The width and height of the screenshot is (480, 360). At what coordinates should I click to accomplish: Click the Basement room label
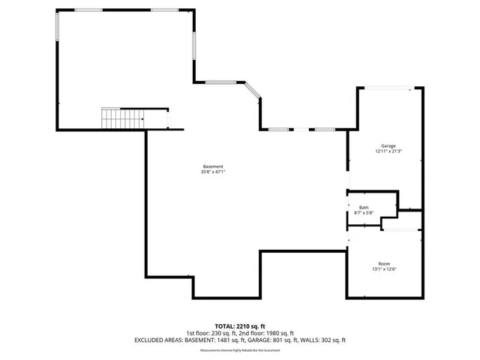tap(212, 166)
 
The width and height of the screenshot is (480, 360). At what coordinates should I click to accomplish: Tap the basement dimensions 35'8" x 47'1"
tap(212, 172)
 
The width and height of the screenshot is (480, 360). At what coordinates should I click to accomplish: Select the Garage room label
tap(388, 145)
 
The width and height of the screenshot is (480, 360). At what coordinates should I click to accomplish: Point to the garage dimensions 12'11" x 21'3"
tap(388, 151)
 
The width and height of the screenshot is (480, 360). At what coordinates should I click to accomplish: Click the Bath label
tap(364, 208)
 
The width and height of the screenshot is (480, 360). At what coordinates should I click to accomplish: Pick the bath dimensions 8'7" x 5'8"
tap(364, 214)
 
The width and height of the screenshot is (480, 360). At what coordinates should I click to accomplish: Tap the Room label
tap(384, 263)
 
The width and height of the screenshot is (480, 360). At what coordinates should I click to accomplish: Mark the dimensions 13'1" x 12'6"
tap(384, 269)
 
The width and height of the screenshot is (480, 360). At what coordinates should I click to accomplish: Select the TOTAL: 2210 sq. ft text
tap(240, 327)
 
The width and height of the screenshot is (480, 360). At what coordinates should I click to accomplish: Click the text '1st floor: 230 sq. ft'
tap(211, 334)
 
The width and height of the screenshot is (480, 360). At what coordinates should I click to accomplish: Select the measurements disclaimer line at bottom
tap(240, 351)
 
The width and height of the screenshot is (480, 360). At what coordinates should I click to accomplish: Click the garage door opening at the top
tap(385, 88)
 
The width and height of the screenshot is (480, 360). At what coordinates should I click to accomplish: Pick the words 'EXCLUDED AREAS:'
tap(159, 340)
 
